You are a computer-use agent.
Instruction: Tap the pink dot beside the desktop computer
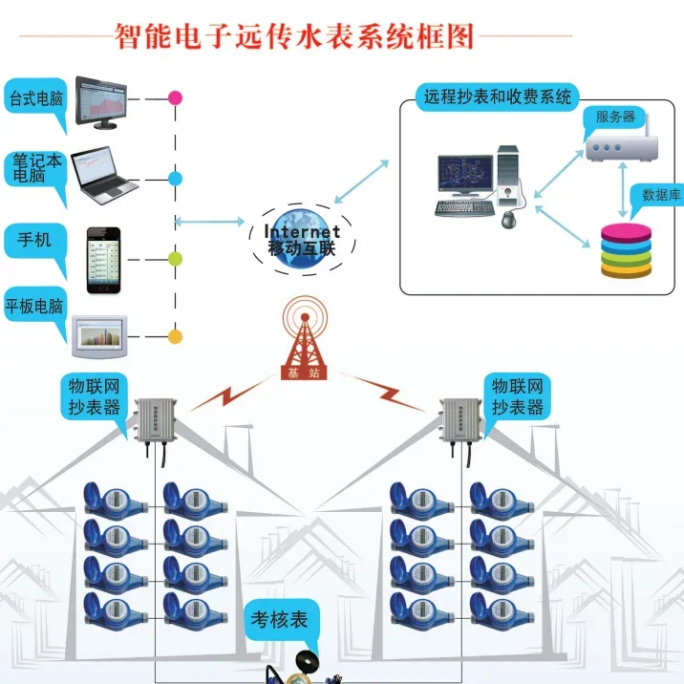click(175, 97)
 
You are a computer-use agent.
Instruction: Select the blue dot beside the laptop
click(175, 179)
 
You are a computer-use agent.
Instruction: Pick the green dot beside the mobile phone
click(175, 259)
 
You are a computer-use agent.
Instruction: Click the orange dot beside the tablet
click(175, 336)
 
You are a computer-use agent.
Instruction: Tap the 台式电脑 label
click(34, 99)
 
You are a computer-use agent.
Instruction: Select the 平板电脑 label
click(34, 307)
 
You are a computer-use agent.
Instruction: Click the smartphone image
click(104, 260)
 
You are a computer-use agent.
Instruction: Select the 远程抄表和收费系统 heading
click(497, 96)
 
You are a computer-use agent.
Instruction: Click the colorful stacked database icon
click(626, 251)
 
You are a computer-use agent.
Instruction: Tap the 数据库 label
click(661, 195)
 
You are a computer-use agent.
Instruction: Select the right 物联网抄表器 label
click(519, 396)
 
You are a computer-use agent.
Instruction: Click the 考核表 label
click(279, 620)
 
